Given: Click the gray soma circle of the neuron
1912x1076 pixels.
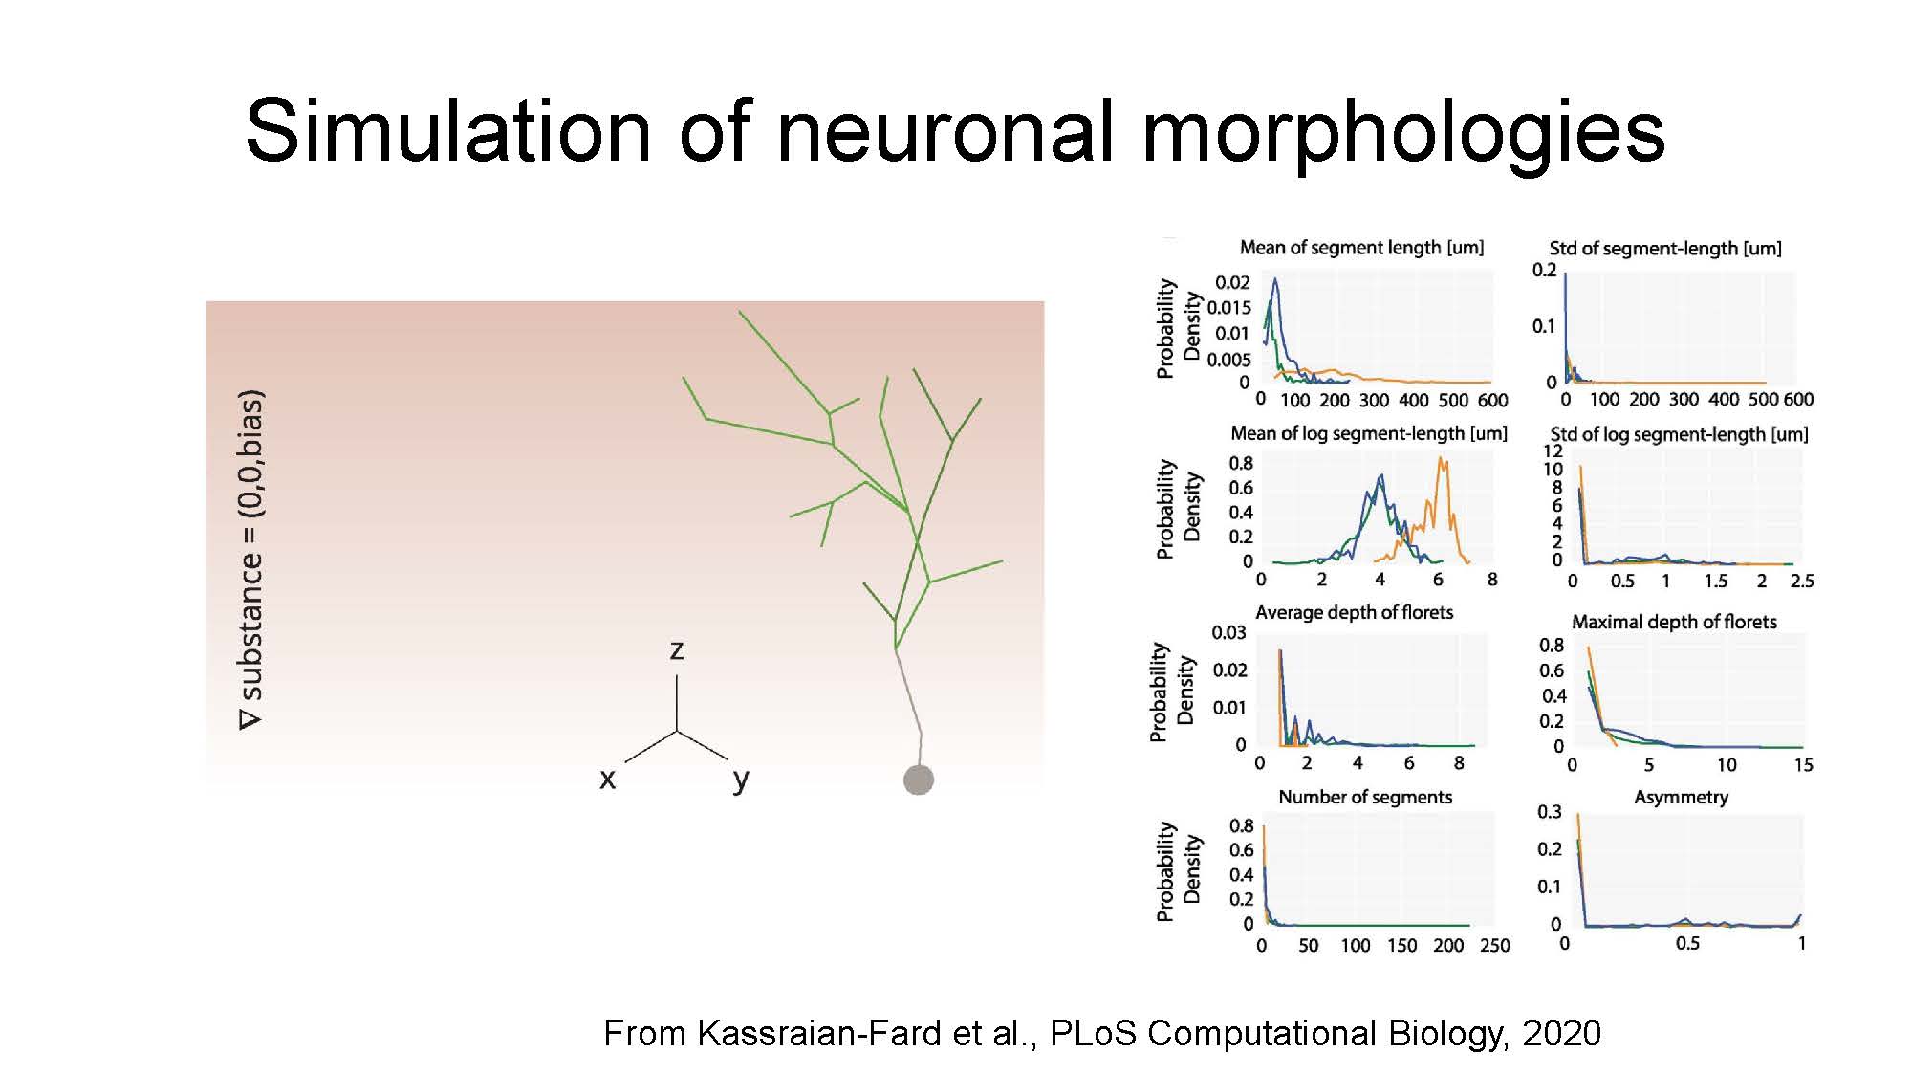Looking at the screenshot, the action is [919, 780].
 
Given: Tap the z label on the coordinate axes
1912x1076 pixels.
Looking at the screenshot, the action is [677, 650].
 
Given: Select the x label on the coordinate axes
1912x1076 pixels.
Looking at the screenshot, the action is [607, 780].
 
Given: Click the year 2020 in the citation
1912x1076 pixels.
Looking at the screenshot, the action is [1561, 1033].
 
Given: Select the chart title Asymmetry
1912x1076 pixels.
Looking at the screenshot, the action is [1682, 798].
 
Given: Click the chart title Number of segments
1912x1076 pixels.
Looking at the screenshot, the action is [1365, 797].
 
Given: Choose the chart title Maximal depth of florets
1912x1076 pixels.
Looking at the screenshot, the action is [1674, 622].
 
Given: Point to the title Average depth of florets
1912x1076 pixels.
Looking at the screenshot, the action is [1354, 612].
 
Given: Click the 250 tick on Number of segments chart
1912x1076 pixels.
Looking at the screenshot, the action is [1495, 945].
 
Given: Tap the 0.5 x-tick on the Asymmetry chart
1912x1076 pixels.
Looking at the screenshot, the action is [1687, 943].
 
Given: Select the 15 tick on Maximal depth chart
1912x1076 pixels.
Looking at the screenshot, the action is [1803, 764].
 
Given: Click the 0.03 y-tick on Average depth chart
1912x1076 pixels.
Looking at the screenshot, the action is [1228, 632].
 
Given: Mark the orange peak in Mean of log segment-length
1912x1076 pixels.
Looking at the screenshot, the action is [1441, 460].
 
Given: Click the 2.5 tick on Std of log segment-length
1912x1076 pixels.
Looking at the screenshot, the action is [1802, 581].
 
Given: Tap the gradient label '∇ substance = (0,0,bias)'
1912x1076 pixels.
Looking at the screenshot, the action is [250, 560].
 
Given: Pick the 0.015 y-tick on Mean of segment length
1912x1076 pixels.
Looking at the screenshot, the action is [1228, 307].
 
